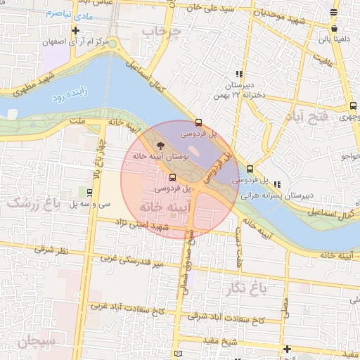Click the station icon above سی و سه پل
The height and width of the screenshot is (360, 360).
(89, 192)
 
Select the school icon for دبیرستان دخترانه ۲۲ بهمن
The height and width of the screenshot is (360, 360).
(239, 73)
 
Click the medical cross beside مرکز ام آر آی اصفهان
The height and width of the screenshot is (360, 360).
(75, 30)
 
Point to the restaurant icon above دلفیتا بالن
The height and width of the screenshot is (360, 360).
(333, 29)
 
